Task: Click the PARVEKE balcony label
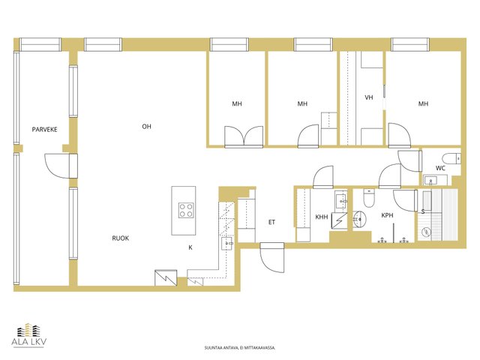click(45, 130)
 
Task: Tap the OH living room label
click(147, 127)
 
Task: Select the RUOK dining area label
click(121, 238)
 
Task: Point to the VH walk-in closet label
click(369, 97)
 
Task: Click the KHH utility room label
click(322, 217)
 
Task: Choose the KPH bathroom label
click(387, 215)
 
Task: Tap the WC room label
click(440, 168)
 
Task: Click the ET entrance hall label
click(271, 222)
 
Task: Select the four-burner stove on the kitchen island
click(186, 210)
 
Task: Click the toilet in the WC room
click(451, 158)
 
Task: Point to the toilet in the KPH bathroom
click(369, 198)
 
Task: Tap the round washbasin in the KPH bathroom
click(360, 219)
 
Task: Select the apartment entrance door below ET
click(271, 257)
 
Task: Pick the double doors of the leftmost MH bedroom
click(244, 136)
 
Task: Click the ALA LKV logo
click(29, 335)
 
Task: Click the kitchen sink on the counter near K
click(227, 243)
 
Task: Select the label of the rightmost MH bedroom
click(423, 104)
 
